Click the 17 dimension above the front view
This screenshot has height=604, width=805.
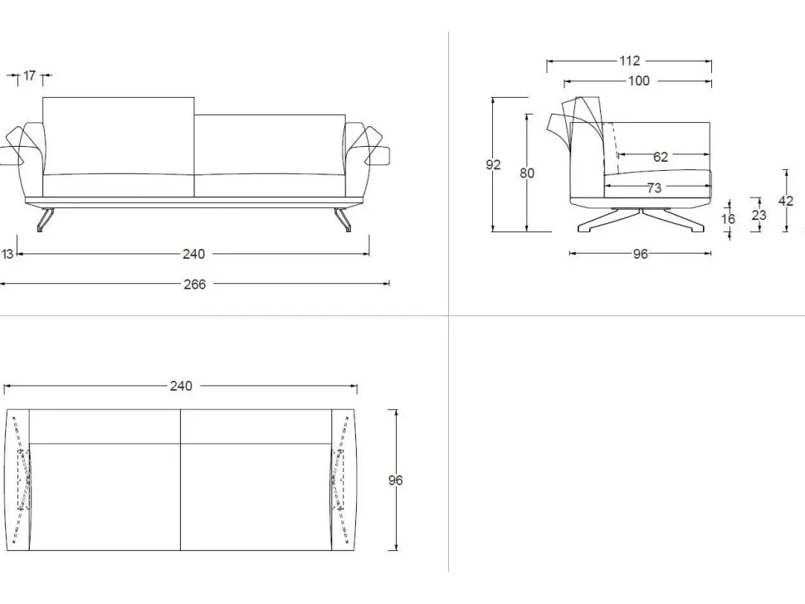tap(30, 76)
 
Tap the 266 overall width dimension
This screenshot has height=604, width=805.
tap(195, 284)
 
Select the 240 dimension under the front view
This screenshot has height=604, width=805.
tap(193, 254)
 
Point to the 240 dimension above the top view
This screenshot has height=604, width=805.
tap(181, 386)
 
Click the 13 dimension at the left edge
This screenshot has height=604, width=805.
tap(7, 254)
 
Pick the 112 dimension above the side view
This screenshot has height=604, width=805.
tap(630, 61)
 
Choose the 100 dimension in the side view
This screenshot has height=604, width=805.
tap(640, 81)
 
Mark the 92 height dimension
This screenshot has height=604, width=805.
tap(493, 165)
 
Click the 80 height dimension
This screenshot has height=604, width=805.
tap(527, 173)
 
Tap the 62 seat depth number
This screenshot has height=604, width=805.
tap(661, 156)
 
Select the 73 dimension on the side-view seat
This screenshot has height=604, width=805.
tap(655, 188)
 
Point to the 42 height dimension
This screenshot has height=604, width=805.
tap(786, 201)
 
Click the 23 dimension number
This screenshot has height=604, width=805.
tap(758, 215)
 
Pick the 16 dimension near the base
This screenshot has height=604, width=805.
tap(729, 219)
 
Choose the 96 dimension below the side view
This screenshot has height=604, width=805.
tap(640, 255)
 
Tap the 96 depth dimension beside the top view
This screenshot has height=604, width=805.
tap(396, 480)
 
